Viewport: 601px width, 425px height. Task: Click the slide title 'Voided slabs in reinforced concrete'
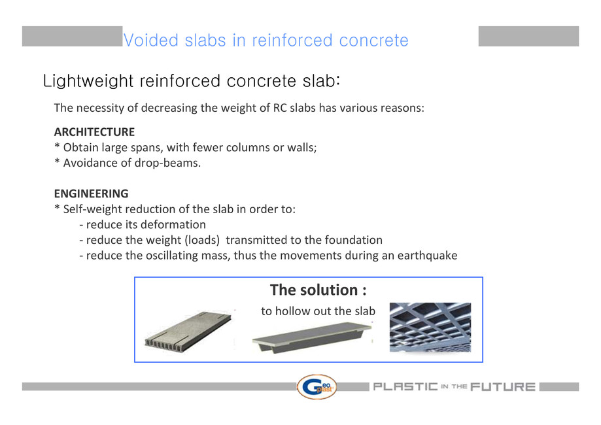click(x=266, y=41)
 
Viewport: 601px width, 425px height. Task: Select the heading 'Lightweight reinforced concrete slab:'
click(x=191, y=82)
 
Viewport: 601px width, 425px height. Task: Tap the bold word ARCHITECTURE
click(x=94, y=132)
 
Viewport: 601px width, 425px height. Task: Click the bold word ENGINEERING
click(x=91, y=194)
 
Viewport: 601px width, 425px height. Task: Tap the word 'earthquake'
click(x=427, y=255)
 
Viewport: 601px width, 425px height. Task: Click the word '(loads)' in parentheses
click(x=202, y=240)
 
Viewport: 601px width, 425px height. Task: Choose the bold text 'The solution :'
click(x=318, y=290)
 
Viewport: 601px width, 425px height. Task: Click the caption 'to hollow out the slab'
click(x=318, y=311)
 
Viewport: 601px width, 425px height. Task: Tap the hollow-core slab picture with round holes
click(x=188, y=331)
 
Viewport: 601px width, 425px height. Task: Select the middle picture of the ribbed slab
click(x=311, y=337)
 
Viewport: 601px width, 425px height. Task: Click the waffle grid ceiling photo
click(x=430, y=328)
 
